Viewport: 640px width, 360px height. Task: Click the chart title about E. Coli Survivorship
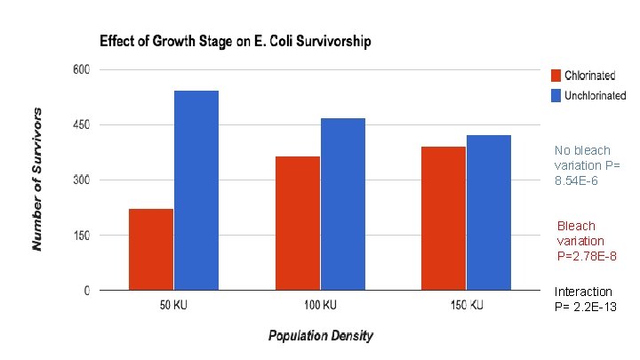[236, 41]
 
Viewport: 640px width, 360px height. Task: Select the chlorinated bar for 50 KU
[151, 250]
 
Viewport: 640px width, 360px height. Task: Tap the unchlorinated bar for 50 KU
[196, 190]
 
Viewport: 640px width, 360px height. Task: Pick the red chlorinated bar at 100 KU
[298, 223]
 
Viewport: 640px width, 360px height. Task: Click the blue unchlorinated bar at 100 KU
[343, 204]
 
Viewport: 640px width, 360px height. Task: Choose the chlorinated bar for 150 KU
[444, 219]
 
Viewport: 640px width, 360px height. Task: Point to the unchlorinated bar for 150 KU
[489, 212]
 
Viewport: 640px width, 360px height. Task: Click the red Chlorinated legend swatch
[556, 76]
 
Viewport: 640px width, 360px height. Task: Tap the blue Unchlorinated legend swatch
[556, 95]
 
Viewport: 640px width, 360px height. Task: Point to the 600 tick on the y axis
[81, 69]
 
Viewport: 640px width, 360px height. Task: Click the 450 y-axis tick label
[81, 124]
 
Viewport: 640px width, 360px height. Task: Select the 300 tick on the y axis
[81, 180]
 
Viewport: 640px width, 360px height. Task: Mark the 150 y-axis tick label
[81, 235]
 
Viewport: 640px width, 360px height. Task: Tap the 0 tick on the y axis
[86, 290]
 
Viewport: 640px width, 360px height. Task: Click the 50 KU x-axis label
[173, 305]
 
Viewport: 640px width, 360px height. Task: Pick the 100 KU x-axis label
[320, 305]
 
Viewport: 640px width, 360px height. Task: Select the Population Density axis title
[320, 335]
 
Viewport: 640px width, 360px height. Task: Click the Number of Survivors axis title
[36, 180]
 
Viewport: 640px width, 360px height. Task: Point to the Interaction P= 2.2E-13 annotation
[585, 300]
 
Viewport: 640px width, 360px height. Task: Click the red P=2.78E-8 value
[587, 256]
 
